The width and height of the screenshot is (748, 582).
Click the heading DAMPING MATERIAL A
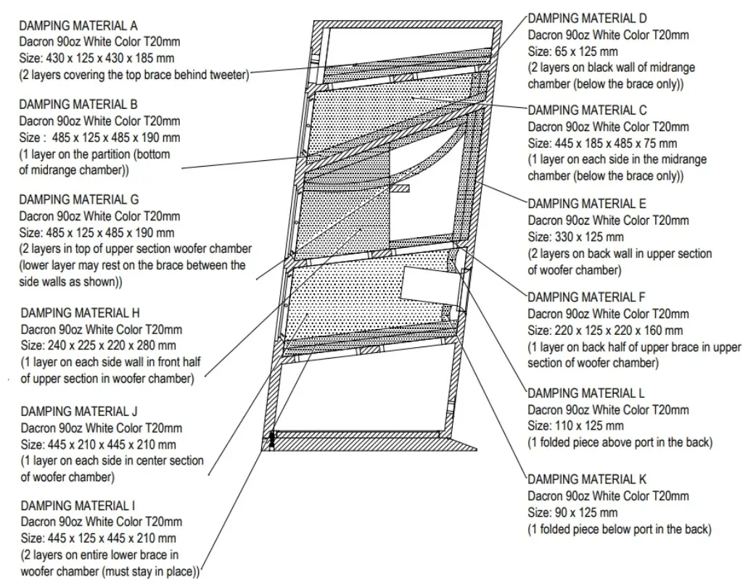click(x=83, y=25)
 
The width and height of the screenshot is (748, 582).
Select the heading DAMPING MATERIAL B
click(x=83, y=105)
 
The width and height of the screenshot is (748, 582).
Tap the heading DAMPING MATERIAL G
click(x=84, y=199)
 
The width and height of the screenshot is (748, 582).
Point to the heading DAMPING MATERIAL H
click(x=84, y=313)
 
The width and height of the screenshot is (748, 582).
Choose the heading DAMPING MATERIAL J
click(x=84, y=412)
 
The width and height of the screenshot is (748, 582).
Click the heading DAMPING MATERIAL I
click(x=83, y=505)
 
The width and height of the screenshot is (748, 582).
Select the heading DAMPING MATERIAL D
click(x=588, y=18)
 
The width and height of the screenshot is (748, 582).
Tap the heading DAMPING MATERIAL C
click(x=588, y=110)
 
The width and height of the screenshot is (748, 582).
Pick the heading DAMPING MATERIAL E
click(x=587, y=204)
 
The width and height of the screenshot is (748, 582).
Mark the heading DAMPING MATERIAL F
click(x=587, y=297)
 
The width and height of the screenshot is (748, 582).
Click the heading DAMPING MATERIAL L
click(x=586, y=394)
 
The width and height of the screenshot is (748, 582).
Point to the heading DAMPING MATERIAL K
click(x=587, y=480)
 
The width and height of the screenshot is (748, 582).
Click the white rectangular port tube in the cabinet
click(x=430, y=284)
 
